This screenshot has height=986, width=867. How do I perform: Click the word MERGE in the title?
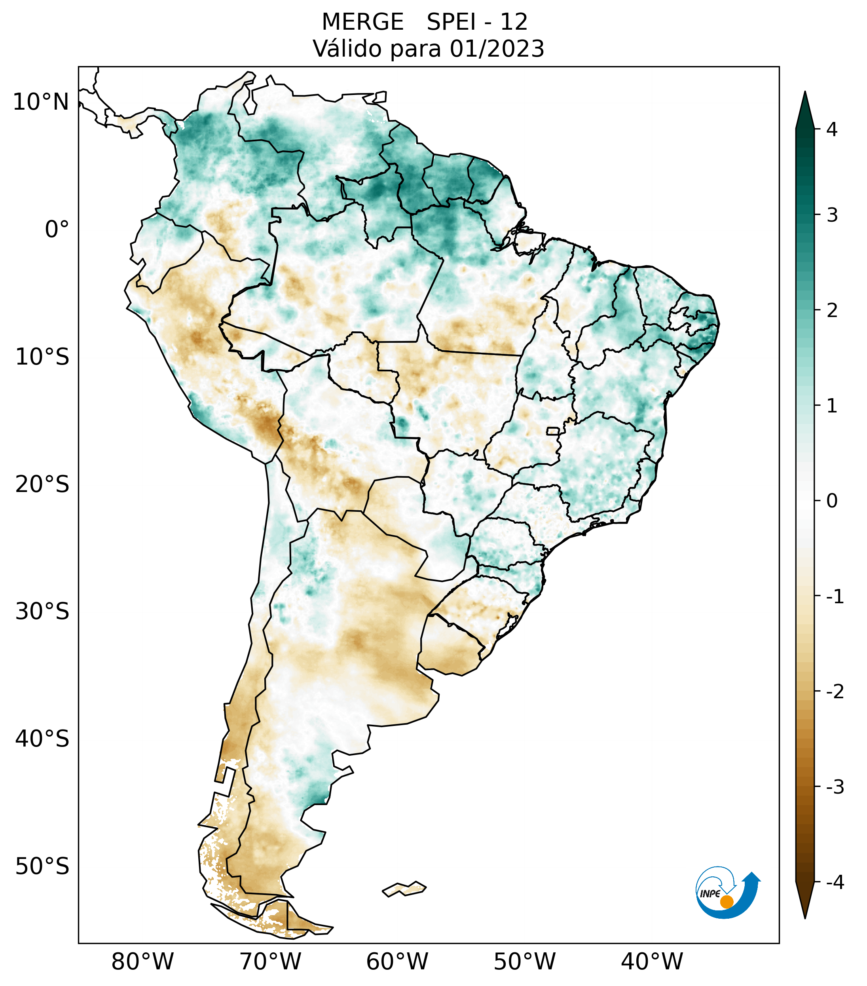coord(362,22)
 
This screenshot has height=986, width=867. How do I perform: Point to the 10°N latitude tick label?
coord(40,102)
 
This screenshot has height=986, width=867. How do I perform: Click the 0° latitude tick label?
coord(57,229)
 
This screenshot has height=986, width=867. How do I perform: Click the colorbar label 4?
coord(831,129)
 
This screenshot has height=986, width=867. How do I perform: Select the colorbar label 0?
coord(831,501)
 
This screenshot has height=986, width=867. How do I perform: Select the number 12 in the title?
coord(514,22)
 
